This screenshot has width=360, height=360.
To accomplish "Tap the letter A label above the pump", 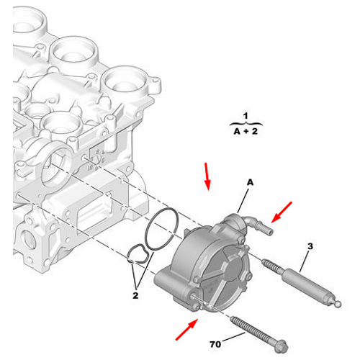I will point(250,184).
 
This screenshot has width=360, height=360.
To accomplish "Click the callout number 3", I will point(310,247).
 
